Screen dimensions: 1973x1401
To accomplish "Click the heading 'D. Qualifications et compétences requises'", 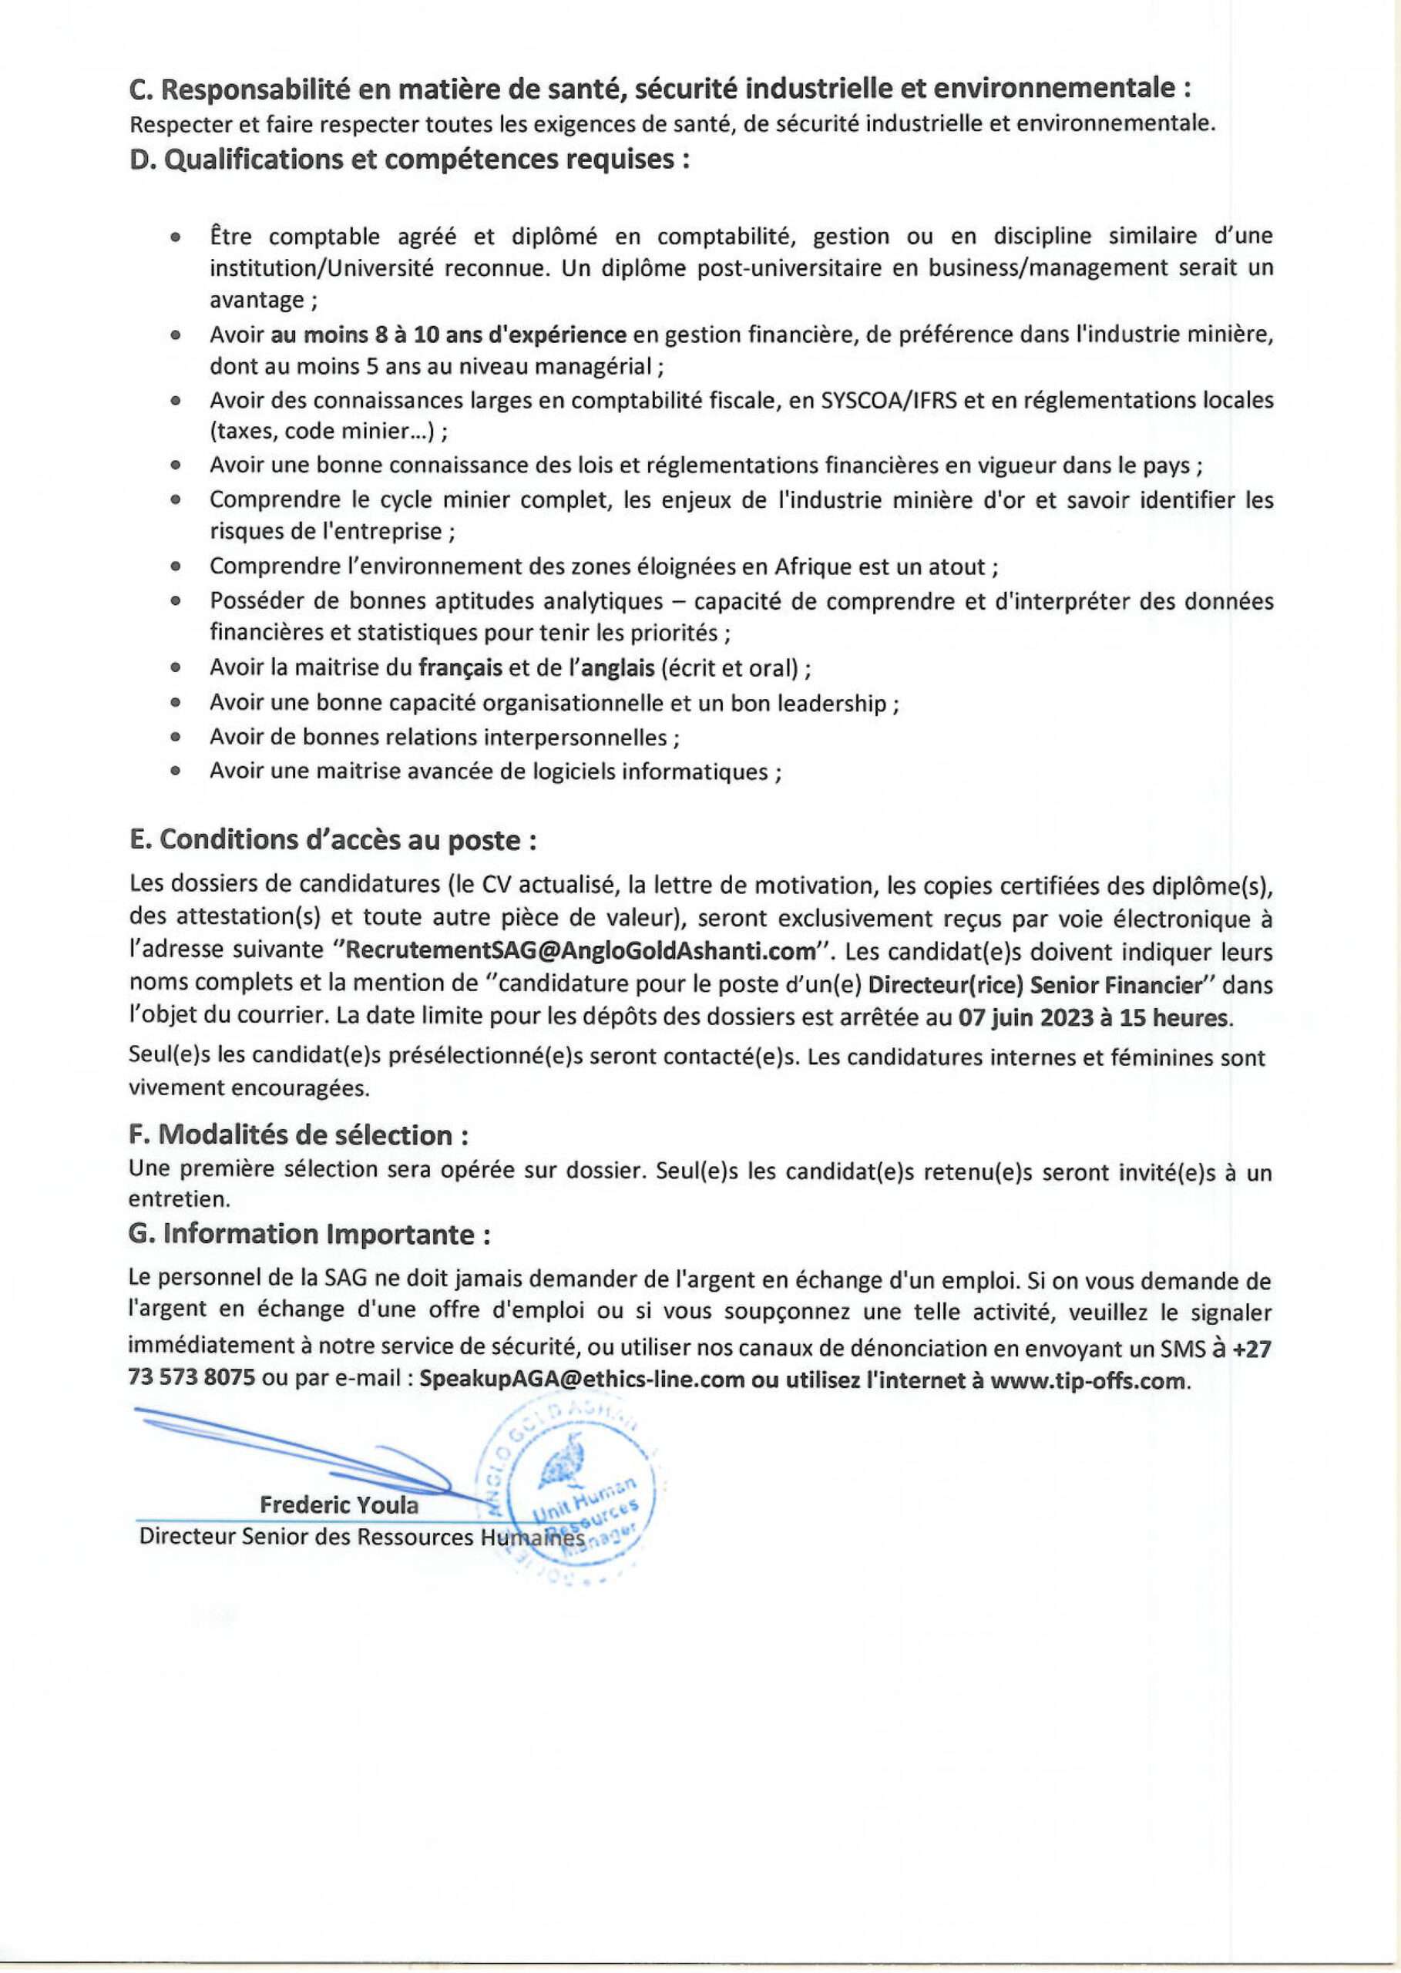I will coord(409,160).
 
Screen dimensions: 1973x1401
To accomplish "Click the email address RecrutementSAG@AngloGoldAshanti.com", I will coord(580,953).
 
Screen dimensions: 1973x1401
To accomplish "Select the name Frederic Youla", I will coord(339,1505).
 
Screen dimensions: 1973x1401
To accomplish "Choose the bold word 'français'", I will coord(462,669).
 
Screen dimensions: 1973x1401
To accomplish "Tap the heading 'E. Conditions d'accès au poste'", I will coord(333,840).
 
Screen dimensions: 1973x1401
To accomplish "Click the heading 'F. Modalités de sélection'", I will coord(298,1135).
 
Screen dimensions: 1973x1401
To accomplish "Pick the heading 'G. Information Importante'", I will coord(310,1235).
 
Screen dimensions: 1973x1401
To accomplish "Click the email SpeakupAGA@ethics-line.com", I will coord(582,1380).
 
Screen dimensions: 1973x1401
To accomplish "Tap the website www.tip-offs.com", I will coord(1087,1380).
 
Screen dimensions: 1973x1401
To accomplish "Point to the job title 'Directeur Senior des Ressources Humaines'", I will coord(362,1538).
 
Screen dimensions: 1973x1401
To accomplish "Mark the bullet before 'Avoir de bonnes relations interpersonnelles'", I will coord(176,738).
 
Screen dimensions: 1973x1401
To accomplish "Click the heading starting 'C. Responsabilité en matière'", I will coord(660,88).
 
